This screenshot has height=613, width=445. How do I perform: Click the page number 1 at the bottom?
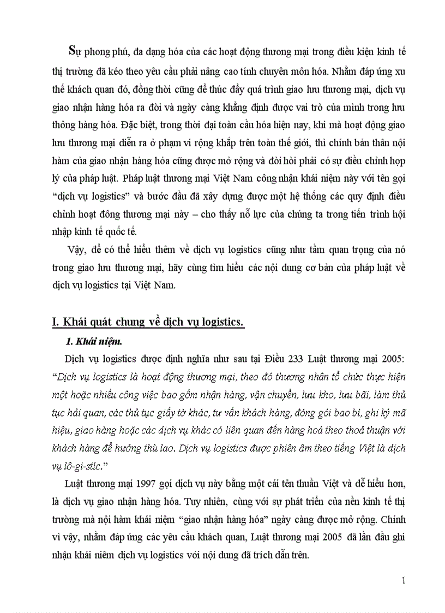(403, 580)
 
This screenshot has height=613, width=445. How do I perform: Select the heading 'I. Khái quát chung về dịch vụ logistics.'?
(147, 323)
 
